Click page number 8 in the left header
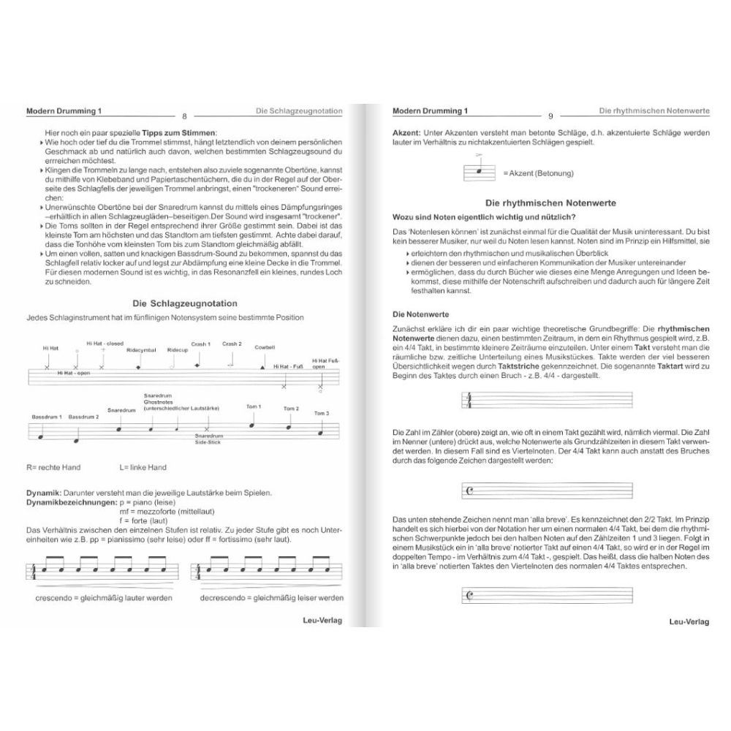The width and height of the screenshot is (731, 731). (x=184, y=115)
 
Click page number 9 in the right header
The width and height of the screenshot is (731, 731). (x=550, y=115)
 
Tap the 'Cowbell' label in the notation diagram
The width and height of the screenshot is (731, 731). (x=265, y=346)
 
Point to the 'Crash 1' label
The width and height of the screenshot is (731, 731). (x=201, y=344)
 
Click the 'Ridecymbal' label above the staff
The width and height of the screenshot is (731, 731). (x=140, y=350)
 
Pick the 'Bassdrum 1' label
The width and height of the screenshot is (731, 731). (x=47, y=417)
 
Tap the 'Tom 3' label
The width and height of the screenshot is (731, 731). (x=322, y=414)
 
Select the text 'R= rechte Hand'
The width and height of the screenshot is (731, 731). (x=53, y=467)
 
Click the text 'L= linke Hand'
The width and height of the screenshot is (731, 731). (x=143, y=467)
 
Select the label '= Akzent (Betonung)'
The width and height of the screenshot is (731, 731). (x=538, y=173)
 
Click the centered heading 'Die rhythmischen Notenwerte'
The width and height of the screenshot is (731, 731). (x=550, y=202)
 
